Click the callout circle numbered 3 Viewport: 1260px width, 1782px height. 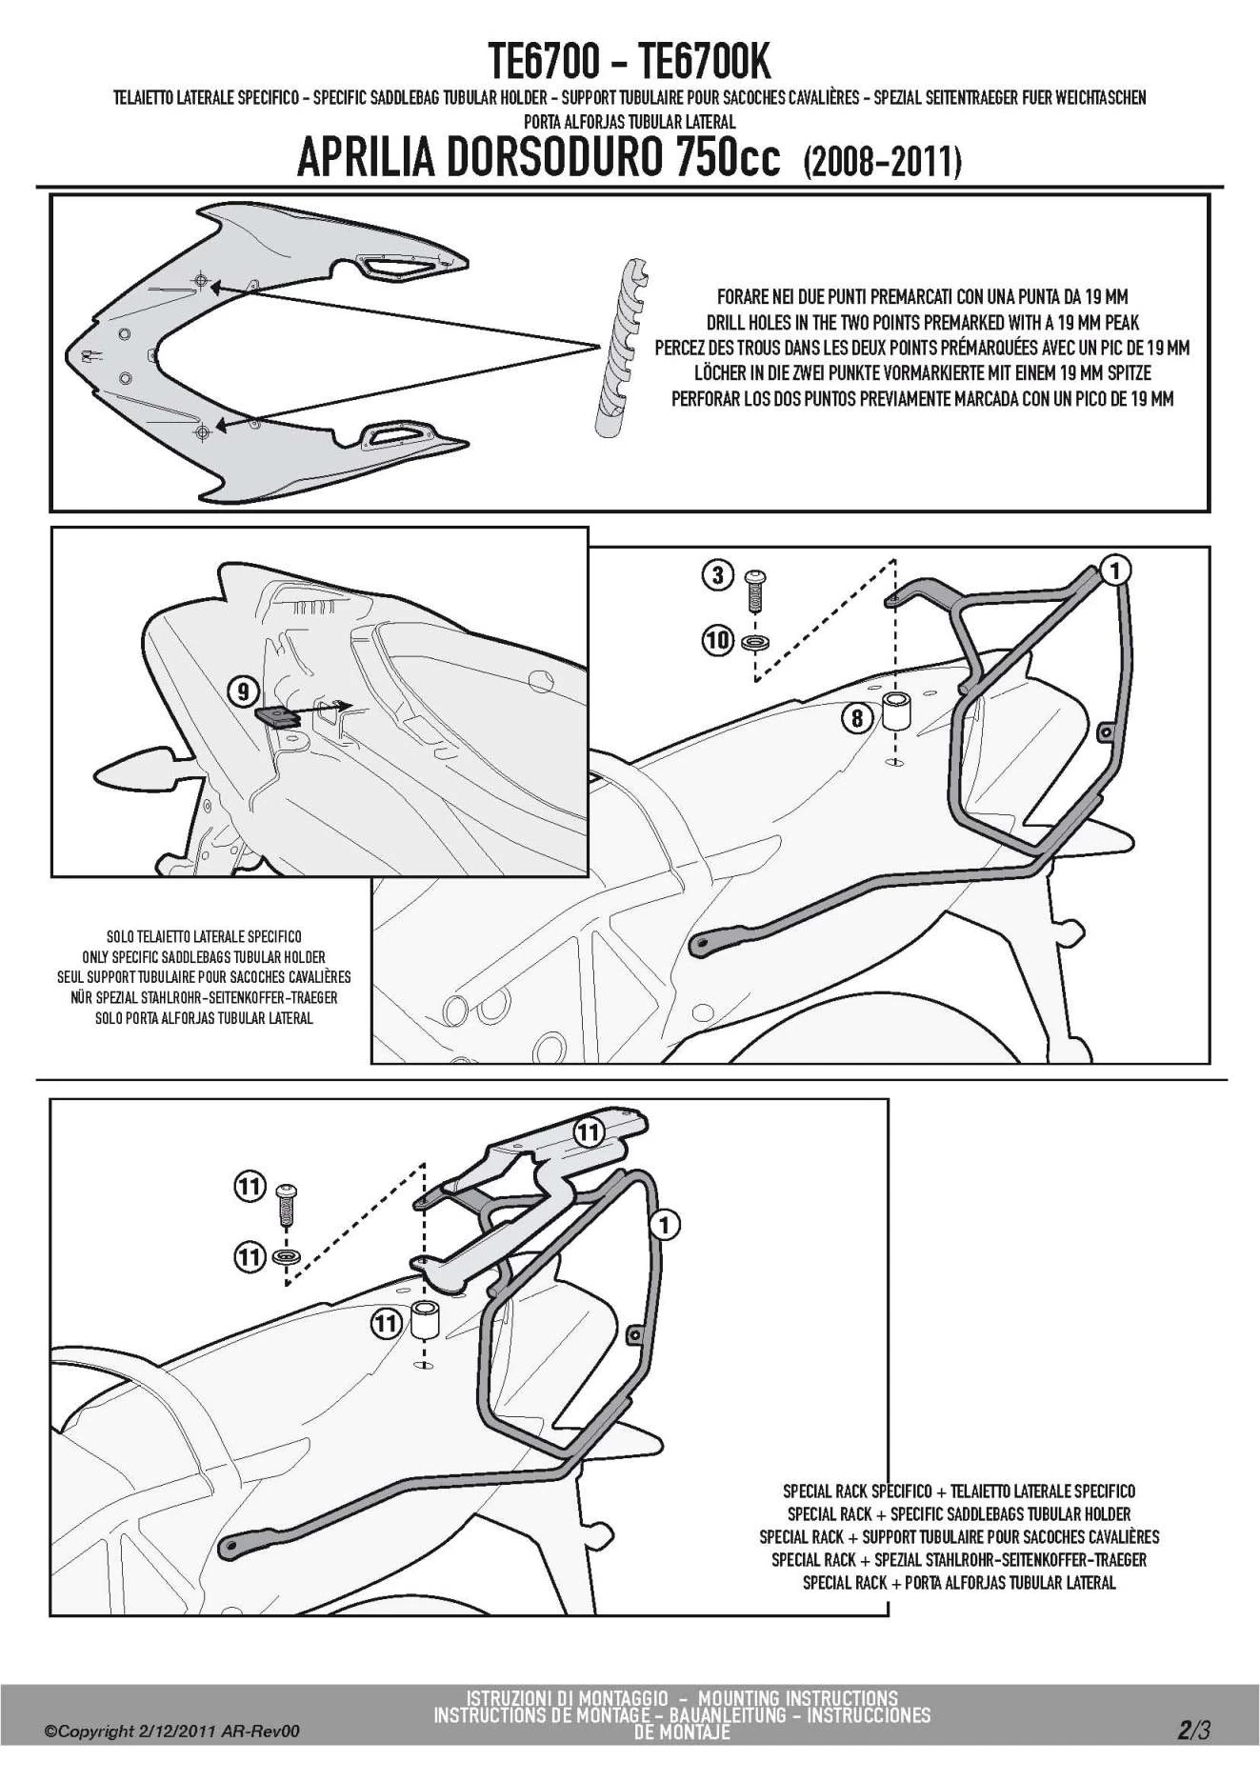point(718,574)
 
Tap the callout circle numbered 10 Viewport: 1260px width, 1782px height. point(718,639)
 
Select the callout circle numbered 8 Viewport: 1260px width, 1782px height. point(857,717)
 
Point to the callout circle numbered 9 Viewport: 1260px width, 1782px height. point(243,689)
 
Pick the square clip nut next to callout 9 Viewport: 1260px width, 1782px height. point(279,716)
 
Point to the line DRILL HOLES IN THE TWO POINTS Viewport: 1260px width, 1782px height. point(922,323)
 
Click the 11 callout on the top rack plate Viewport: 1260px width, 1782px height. point(589,1131)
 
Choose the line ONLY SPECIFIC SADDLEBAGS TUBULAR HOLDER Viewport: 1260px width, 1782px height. point(204,957)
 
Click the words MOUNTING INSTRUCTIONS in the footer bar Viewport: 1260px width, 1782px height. point(797,1697)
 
